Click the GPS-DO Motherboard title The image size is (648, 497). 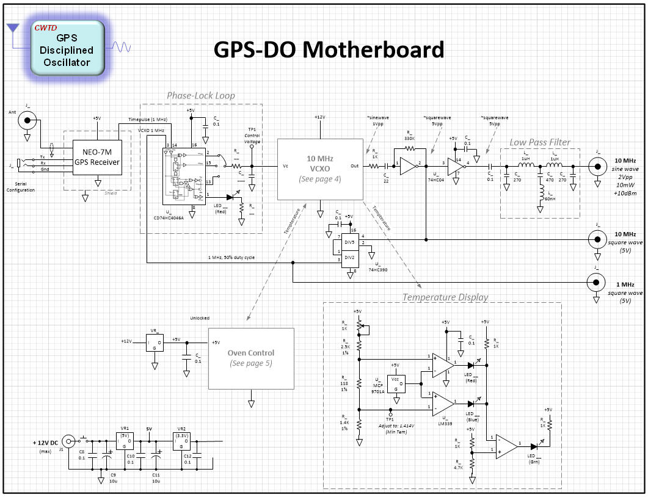click(329, 50)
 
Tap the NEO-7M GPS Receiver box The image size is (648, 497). click(96, 157)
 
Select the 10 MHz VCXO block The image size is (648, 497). click(319, 169)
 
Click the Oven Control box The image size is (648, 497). click(251, 358)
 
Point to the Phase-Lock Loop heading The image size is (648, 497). click(201, 96)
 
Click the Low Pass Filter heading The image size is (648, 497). click(540, 143)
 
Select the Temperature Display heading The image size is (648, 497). click(445, 297)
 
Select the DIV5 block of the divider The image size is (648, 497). click(349, 242)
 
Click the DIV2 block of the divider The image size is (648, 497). click(349, 257)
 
